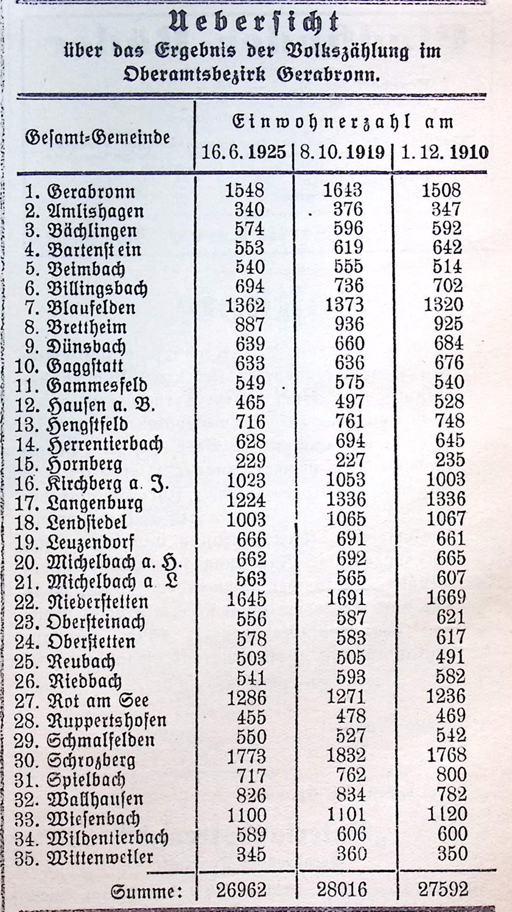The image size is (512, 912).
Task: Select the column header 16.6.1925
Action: click(244, 151)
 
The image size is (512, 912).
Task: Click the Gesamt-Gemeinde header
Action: click(97, 137)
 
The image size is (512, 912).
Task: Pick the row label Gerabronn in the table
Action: click(90, 192)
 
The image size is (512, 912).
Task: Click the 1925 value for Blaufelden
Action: click(245, 305)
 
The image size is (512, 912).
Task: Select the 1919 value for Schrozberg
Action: click(345, 755)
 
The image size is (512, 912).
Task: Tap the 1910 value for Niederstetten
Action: click(446, 598)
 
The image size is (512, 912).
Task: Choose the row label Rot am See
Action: click(97, 700)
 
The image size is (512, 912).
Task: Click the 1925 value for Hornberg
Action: click(250, 460)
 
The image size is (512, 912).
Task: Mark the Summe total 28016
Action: click(342, 890)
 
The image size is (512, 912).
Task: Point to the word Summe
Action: click(146, 891)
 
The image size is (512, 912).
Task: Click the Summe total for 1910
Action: click(443, 890)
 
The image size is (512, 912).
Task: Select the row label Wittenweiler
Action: click(100, 858)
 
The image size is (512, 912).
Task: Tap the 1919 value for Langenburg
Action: click(345, 500)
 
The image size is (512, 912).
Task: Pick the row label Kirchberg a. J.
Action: click(107, 484)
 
